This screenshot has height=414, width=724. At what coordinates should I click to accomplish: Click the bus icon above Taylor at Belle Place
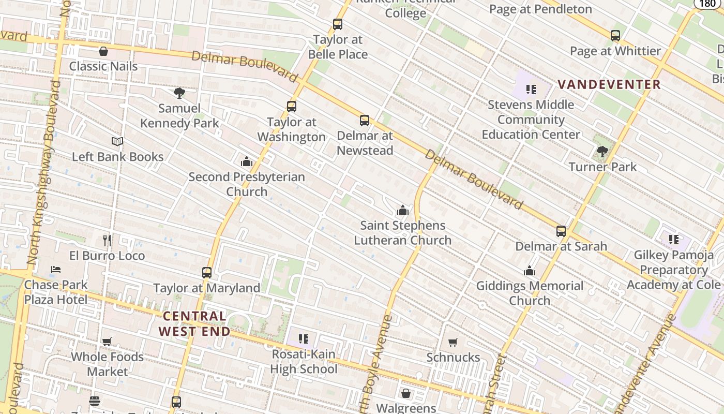click(338, 24)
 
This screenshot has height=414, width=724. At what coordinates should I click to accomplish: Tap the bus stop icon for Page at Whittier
click(615, 36)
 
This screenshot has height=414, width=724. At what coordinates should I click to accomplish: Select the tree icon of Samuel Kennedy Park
click(179, 93)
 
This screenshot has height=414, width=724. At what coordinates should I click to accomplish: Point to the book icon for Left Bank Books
click(117, 141)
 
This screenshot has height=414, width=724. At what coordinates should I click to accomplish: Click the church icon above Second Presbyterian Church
click(247, 161)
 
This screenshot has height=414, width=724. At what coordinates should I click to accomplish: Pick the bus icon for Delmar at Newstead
click(365, 121)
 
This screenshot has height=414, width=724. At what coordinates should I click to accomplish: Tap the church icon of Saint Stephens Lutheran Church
click(402, 210)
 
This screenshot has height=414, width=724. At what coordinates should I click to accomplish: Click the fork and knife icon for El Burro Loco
click(107, 240)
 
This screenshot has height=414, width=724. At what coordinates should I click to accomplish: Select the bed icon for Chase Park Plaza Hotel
click(56, 270)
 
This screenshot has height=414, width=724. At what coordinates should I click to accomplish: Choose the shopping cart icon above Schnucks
click(453, 342)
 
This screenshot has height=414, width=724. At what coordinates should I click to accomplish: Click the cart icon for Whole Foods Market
click(107, 342)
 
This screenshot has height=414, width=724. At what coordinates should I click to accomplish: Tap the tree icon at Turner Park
click(602, 152)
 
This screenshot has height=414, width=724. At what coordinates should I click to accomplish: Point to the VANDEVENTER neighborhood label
click(609, 84)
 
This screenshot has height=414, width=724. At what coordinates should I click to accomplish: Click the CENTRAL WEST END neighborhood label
click(194, 323)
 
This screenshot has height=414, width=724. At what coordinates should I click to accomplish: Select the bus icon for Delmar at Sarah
click(561, 231)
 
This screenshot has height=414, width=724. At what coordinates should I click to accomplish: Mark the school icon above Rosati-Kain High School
click(304, 339)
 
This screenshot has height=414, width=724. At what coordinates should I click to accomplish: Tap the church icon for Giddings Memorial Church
click(530, 271)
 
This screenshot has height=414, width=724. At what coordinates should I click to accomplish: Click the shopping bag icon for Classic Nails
click(103, 51)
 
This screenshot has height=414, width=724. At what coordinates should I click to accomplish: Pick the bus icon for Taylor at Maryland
click(207, 273)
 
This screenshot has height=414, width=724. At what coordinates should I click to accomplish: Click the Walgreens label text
click(406, 408)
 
